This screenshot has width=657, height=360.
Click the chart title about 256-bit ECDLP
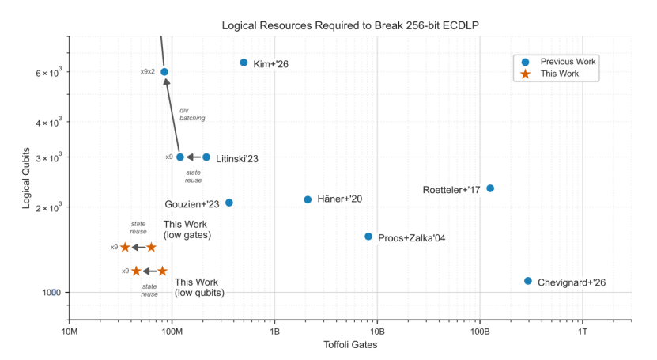tap(350, 25)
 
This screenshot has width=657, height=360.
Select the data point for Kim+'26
tap(244, 63)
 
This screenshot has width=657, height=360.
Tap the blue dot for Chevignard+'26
tap(528, 281)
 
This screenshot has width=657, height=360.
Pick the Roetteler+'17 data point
tap(490, 188)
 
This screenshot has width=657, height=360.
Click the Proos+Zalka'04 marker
tap(368, 237)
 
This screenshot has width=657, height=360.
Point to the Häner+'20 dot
tap(308, 199)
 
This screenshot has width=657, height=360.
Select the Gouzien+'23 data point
tap(228, 203)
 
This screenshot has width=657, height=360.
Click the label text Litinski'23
tap(237, 159)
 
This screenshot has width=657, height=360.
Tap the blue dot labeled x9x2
tap(164, 72)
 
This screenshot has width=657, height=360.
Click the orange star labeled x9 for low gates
tap(125, 248)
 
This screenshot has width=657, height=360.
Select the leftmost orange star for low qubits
tap(136, 271)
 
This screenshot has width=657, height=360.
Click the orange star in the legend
tap(525, 74)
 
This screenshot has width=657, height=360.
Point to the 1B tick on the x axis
tap(274, 332)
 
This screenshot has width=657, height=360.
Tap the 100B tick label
tap(480, 332)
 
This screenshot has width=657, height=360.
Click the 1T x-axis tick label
tap(583, 332)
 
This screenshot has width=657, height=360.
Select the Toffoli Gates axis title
tap(350, 345)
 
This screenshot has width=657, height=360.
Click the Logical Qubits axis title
tap(26, 178)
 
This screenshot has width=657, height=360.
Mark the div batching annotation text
tap(192, 115)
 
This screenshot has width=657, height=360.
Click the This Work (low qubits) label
tap(199, 287)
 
